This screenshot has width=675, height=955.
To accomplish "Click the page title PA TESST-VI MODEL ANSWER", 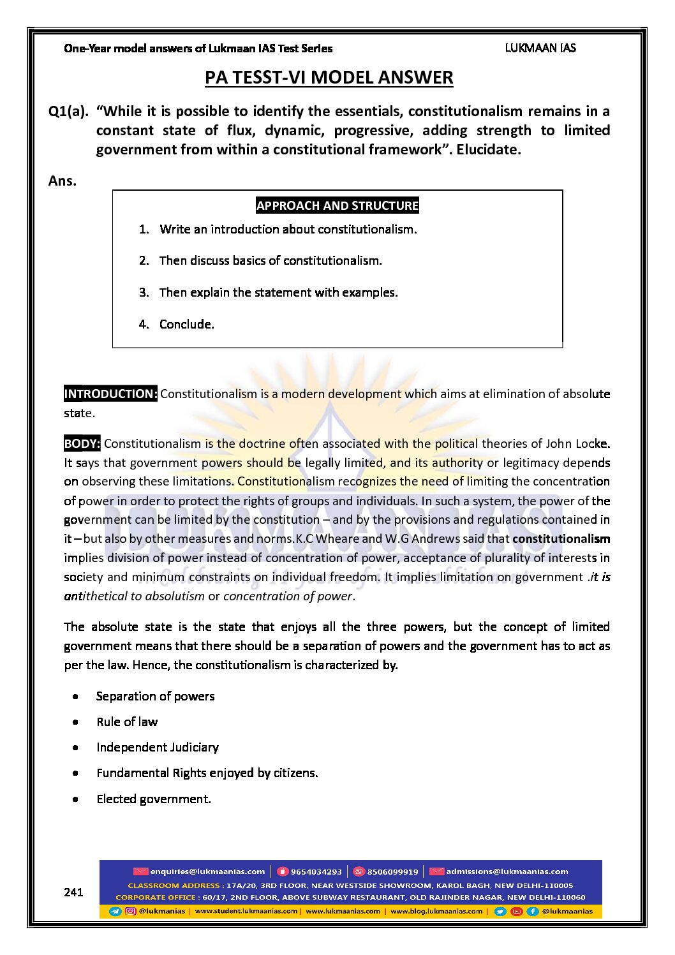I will point(329,78).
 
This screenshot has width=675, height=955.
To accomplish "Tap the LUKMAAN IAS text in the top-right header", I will point(540,48).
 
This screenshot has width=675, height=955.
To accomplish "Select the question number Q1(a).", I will point(68,112).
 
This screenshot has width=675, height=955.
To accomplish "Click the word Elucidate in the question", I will point(488,150).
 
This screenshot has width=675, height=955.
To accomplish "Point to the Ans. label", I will point(63,181).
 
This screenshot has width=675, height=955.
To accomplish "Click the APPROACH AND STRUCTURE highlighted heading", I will point(337,205).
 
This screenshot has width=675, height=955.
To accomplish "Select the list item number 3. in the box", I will point(144,293).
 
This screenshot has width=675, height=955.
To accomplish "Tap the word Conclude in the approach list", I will point(186,325).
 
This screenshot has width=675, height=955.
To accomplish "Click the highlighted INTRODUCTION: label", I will point(110,394).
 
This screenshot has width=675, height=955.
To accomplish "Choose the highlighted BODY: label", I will point(82,443).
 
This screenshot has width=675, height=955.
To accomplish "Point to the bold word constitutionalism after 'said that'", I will point(561,539).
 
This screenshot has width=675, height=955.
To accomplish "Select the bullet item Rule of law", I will point(127,722).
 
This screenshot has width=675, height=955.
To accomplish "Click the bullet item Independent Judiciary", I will point(158,748).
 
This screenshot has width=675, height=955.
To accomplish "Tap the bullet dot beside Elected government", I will point(76,799).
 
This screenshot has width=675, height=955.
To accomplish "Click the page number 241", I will point(73,892).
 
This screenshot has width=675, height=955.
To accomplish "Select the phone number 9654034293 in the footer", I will point(316,872).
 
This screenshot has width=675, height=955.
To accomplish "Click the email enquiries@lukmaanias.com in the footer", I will point(207,871).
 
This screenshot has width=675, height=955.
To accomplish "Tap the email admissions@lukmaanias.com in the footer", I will point(507,871).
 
